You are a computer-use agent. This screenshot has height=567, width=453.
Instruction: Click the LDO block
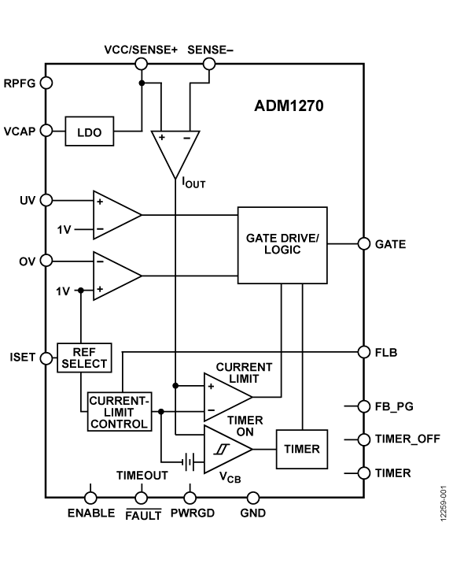(89, 132)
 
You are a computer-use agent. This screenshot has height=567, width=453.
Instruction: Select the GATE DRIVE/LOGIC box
(282, 245)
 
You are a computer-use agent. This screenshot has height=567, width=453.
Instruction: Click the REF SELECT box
(84, 357)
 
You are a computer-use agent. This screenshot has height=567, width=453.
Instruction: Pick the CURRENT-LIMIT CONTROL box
(118, 412)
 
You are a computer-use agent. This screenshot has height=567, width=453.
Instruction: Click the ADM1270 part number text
(289, 105)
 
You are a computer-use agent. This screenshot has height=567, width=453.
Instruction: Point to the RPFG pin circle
(46, 83)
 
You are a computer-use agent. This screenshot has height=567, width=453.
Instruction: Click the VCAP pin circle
(46, 131)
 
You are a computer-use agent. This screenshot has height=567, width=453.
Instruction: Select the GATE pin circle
(363, 244)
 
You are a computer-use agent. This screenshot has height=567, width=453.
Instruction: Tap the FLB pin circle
(363, 351)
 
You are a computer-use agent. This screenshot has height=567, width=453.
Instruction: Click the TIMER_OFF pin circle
(363, 439)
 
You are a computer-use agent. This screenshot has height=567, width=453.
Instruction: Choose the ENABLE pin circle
(91, 498)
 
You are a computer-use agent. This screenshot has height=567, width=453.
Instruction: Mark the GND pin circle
(253, 498)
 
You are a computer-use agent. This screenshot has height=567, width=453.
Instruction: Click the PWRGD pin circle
(189, 498)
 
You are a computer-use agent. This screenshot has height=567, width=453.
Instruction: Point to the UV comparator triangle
(114, 215)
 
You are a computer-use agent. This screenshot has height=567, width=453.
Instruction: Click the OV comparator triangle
(114, 275)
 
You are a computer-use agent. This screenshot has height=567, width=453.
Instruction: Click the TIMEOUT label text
(142, 476)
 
